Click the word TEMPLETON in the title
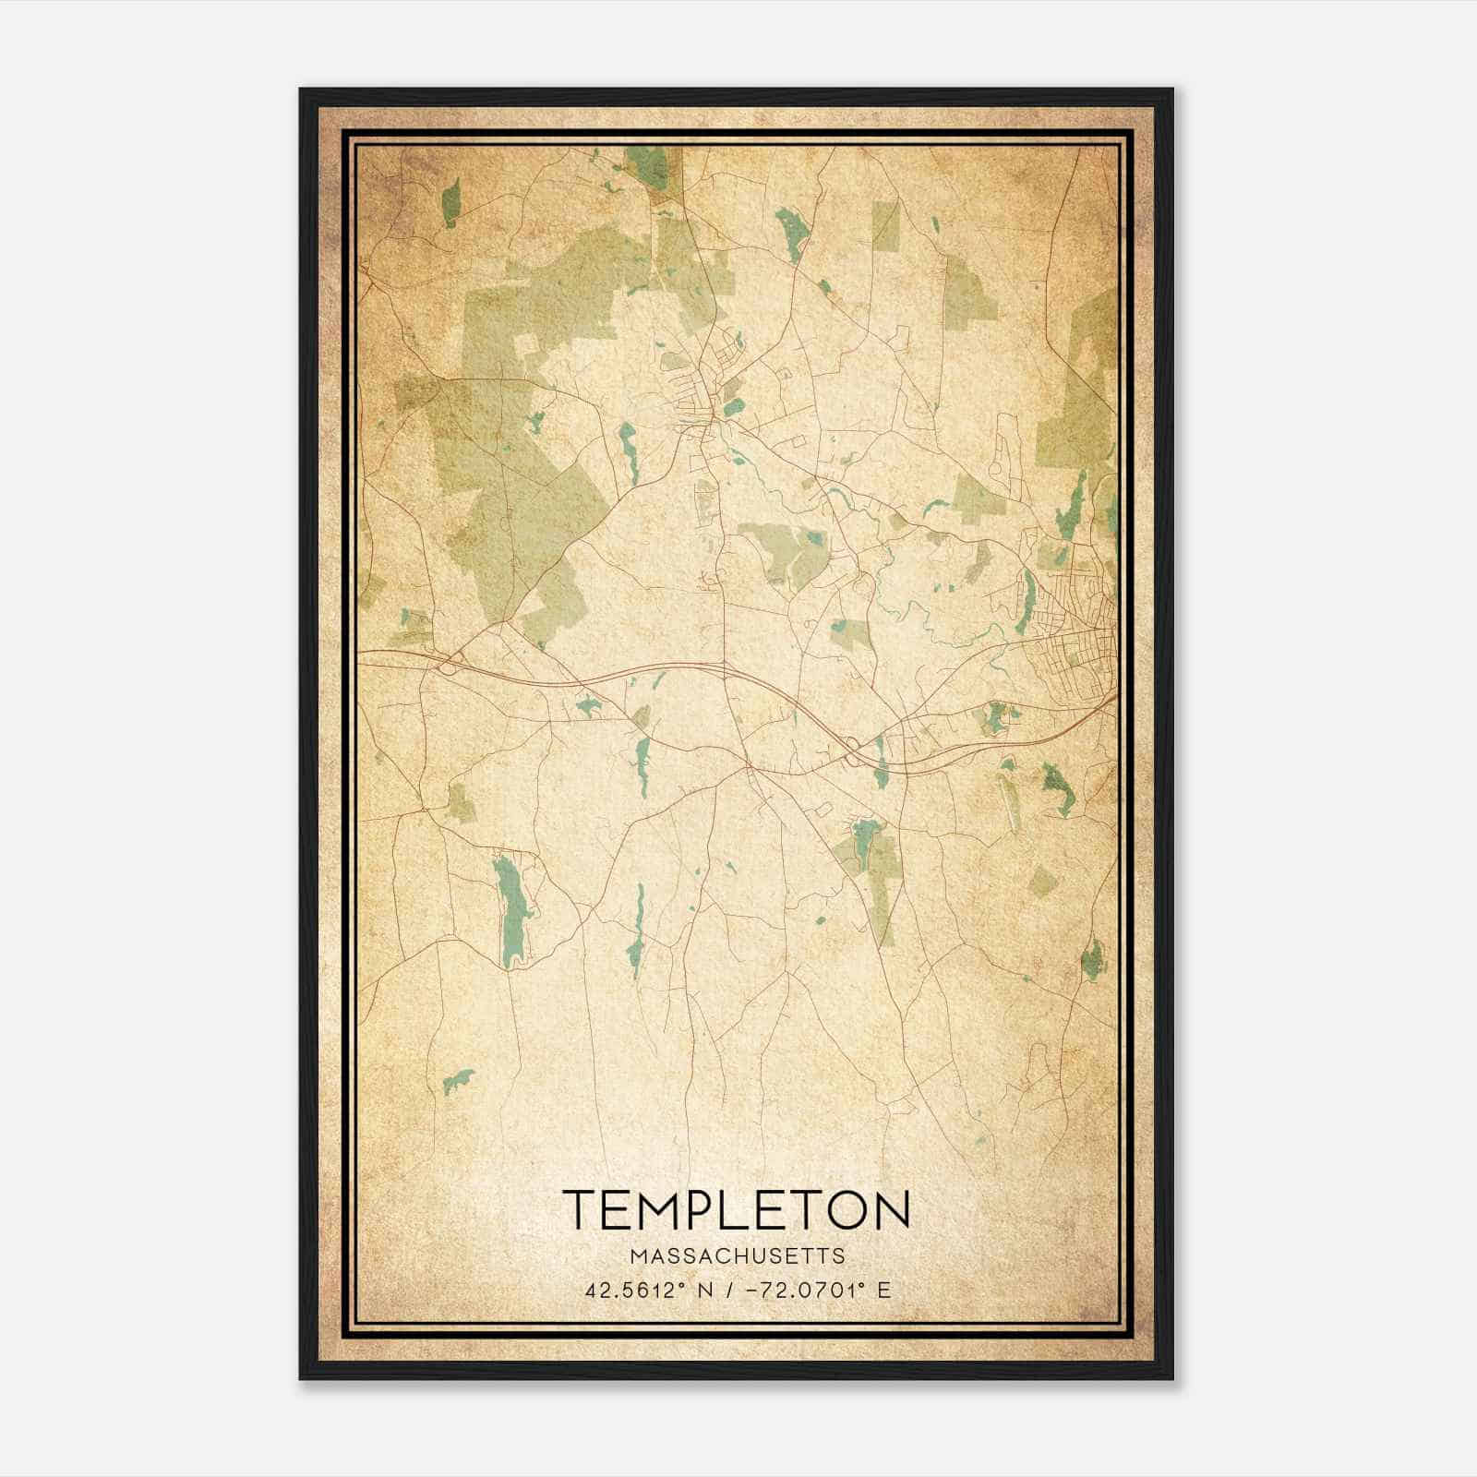[736, 1210]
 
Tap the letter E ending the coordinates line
[884, 1291]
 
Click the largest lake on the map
[510, 909]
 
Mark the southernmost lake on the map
[458, 1080]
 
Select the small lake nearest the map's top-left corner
[450, 204]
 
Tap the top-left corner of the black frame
[301, 90]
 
